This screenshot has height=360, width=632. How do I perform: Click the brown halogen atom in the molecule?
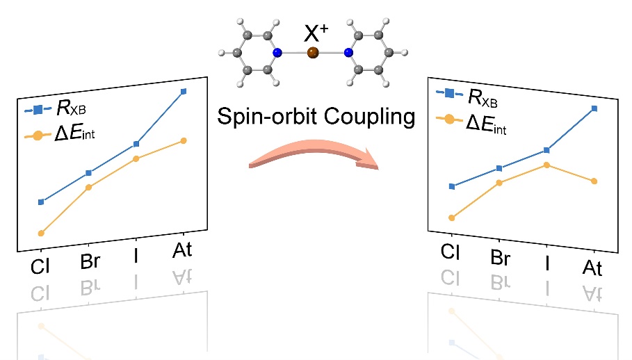pyautogui.click(x=313, y=52)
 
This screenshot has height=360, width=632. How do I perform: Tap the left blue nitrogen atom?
pyautogui.click(x=277, y=52)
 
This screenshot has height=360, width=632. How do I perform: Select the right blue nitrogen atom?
pyautogui.click(x=348, y=52)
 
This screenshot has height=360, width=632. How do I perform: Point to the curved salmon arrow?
pyautogui.click(x=313, y=157)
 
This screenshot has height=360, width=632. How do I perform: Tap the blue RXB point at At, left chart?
pyautogui.click(x=184, y=91)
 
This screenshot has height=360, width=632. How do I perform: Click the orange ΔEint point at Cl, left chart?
pyautogui.click(x=41, y=233)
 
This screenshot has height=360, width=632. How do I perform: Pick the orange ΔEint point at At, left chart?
pyautogui.click(x=184, y=140)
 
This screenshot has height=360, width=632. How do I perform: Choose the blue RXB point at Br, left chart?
pyautogui.click(x=88, y=172)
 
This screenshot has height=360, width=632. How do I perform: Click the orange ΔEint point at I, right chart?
pyautogui.click(x=546, y=165)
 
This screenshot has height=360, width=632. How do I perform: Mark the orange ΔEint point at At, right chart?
pyautogui.click(x=594, y=181)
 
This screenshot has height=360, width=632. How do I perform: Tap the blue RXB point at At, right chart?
pyautogui.click(x=594, y=108)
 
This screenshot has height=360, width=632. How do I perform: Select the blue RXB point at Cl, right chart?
pyautogui.click(x=452, y=186)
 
